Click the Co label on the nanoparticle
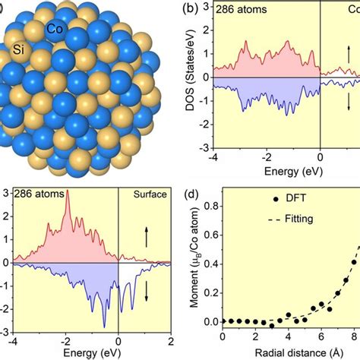(54, 28)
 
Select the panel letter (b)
(194, 8)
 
